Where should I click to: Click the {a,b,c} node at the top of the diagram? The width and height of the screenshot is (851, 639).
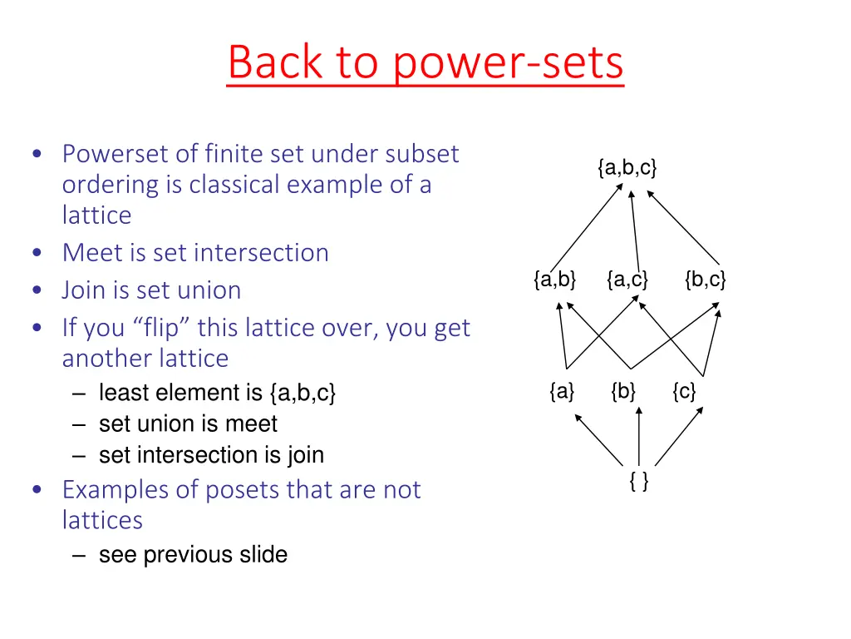click(627, 168)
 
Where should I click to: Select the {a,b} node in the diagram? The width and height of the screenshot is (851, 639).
click(554, 280)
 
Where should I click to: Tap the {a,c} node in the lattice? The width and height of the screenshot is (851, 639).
click(627, 280)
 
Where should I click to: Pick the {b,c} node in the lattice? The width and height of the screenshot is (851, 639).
click(705, 280)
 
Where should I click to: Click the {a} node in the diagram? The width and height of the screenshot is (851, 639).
click(562, 391)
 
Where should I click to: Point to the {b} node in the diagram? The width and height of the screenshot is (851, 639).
click(623, 391)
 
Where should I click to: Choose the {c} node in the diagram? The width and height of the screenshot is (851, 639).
click(684, 391)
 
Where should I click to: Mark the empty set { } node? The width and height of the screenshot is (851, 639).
click(638, 480)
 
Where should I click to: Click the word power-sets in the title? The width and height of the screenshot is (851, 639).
click(508, 62)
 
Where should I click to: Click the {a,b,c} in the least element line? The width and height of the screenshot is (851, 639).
click(303, 393)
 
